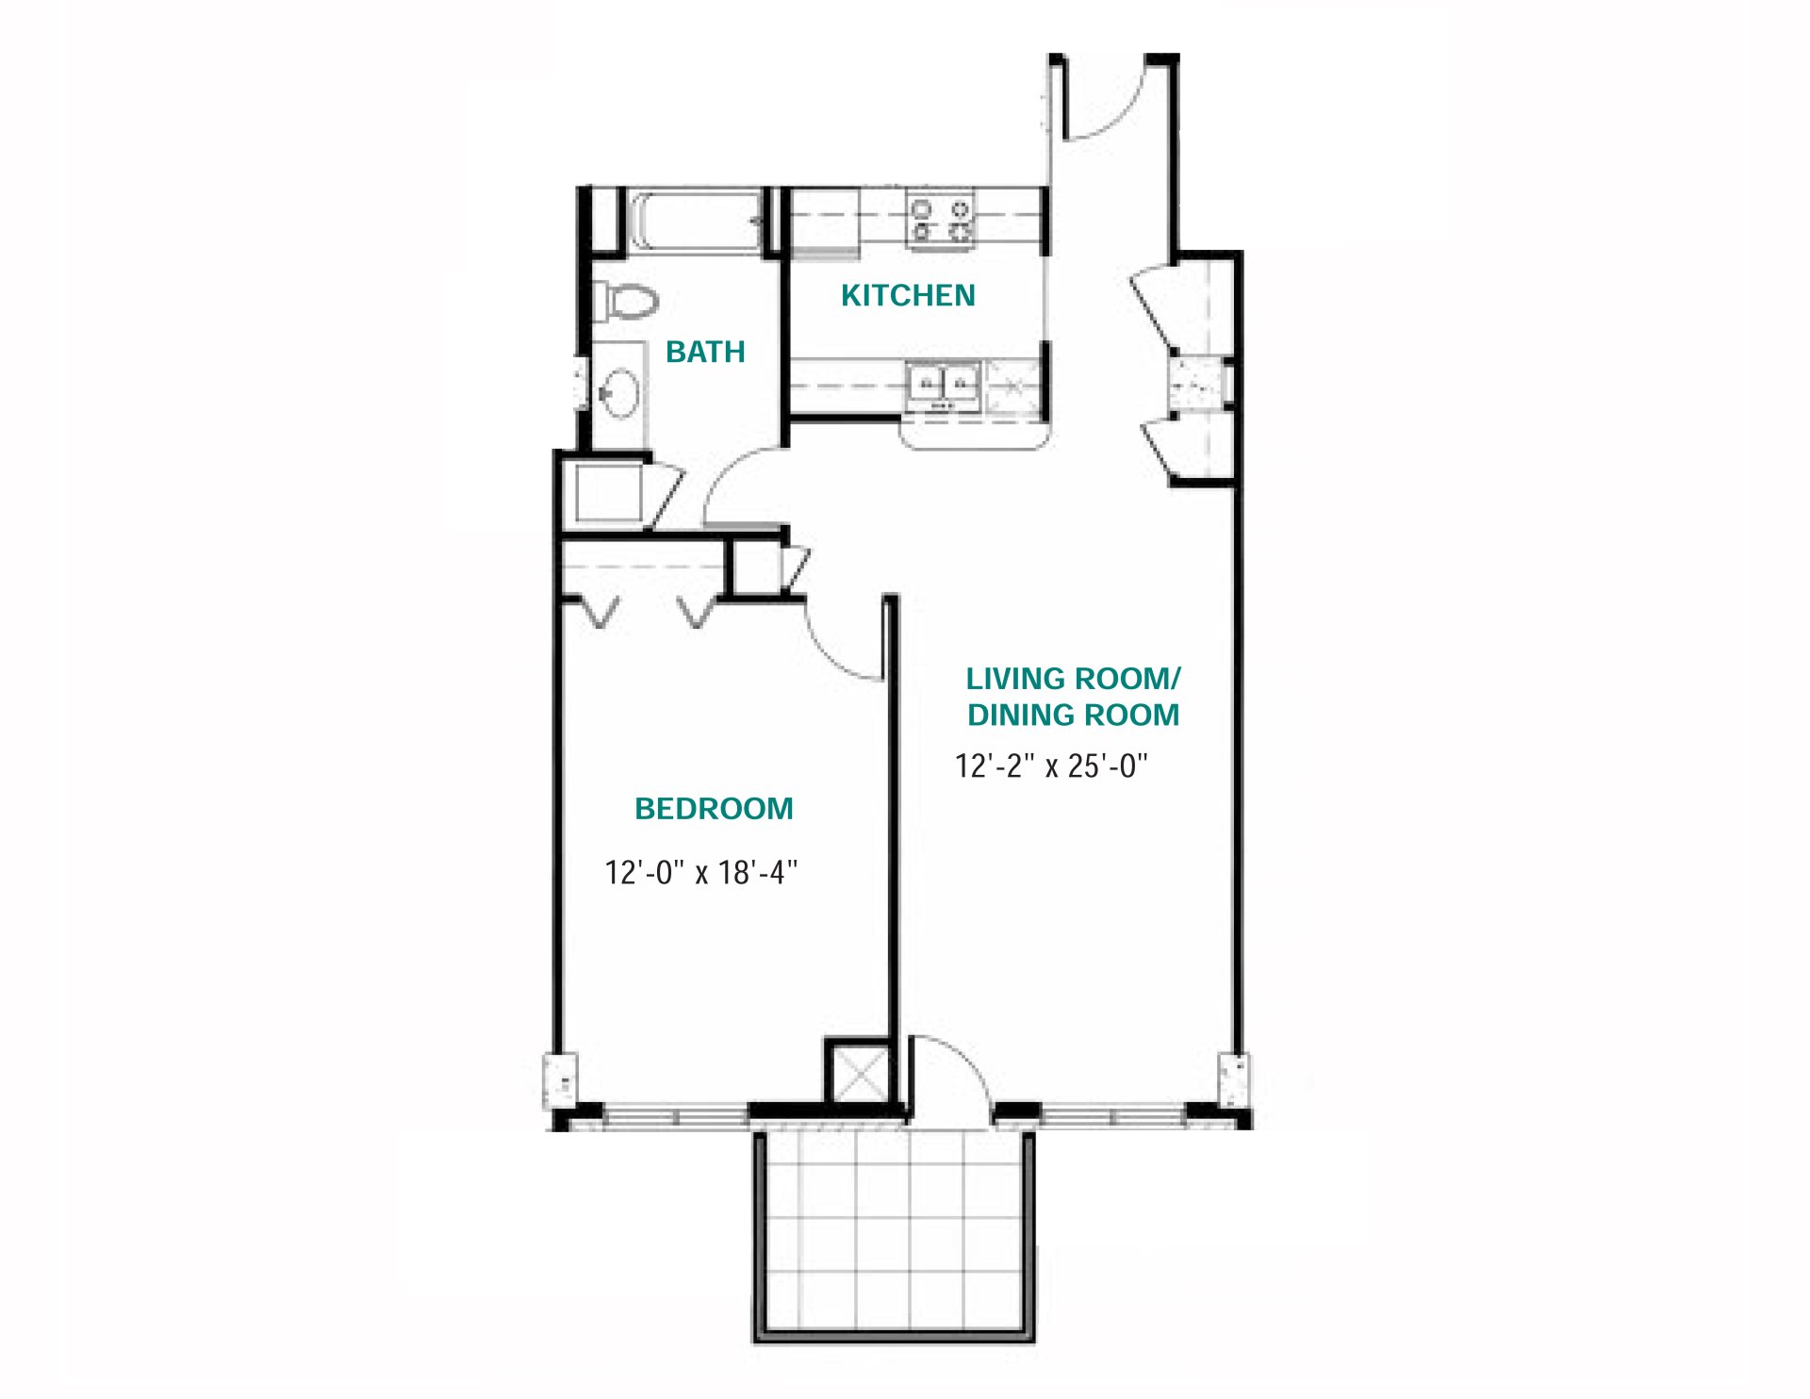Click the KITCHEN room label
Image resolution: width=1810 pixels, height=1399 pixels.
pos(907,296)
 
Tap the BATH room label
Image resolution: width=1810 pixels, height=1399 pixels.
pos(705,353)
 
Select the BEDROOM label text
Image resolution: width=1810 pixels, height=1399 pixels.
pos(714,809)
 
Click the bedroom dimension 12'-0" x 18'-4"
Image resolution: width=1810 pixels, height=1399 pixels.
pos(700,873)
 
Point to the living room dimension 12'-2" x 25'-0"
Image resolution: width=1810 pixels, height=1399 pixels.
pos(1051,766)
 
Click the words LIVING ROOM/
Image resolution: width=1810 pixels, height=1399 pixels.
pos(1073,679)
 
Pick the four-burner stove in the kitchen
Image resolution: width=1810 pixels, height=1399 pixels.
pos(941,220)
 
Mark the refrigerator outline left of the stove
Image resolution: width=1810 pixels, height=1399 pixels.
pos(824,222)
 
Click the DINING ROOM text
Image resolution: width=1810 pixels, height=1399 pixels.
pos(1073,716)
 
